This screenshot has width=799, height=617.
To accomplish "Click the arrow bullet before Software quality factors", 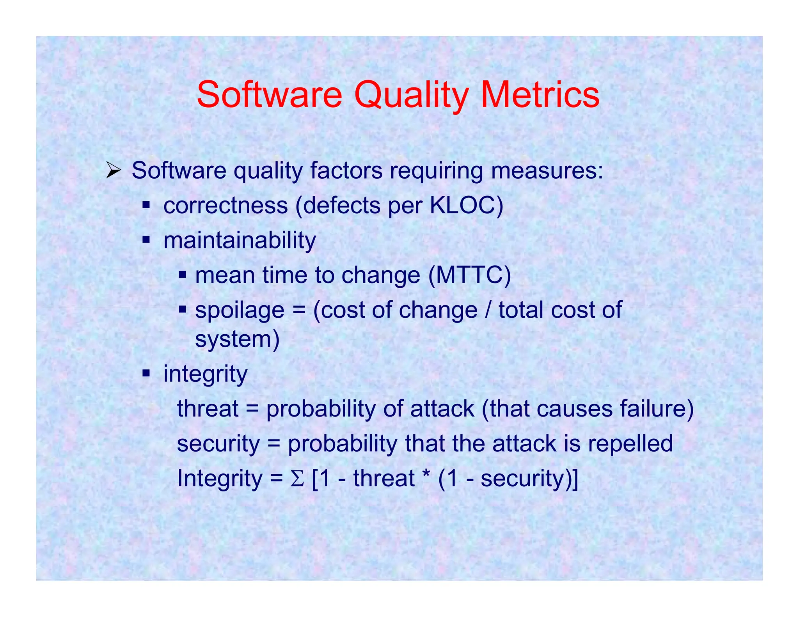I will point(114,171).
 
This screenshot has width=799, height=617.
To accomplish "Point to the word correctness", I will point(225,206).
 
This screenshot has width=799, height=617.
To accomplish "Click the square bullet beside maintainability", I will point(146,239).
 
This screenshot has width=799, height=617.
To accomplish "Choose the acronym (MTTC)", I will point(469,275).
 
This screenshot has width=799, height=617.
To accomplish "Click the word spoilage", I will point(240,310).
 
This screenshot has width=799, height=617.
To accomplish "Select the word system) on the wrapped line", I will point(237,339).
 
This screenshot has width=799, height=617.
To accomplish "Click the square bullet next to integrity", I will point(146,374).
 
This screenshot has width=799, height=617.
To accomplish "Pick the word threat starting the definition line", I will point(208,409).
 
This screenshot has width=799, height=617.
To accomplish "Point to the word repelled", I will point(630,443).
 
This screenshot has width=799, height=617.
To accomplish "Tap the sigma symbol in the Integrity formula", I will point(297,479).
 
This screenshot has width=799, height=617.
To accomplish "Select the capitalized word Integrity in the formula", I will point(220,479).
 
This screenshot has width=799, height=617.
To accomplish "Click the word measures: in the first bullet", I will point(547,171).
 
